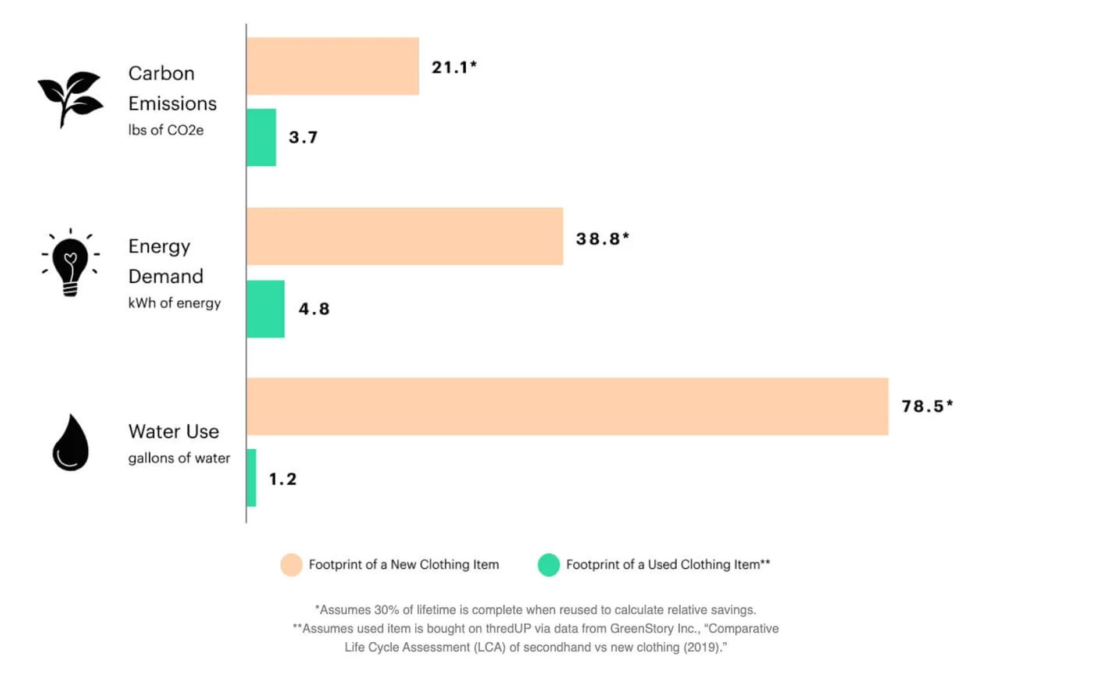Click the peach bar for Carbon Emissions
point(333,66)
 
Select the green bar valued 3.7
point(261,137)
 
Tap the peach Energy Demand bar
point(405,236)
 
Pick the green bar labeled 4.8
point(266,309)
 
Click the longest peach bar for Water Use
point(567,407)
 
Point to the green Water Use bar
point(252,478)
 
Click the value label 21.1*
point(454,67)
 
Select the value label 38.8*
point(602,239)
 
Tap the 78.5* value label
point(927,406)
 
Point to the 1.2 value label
point(283,479)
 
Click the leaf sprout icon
point(70,98)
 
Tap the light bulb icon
point(70,263)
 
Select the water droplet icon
point(70,443)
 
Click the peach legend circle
point(291,565)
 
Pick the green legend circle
point(548,565)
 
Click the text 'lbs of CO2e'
point(166,130)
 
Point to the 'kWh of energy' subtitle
point(174,303)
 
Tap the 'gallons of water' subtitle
point(179,458)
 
